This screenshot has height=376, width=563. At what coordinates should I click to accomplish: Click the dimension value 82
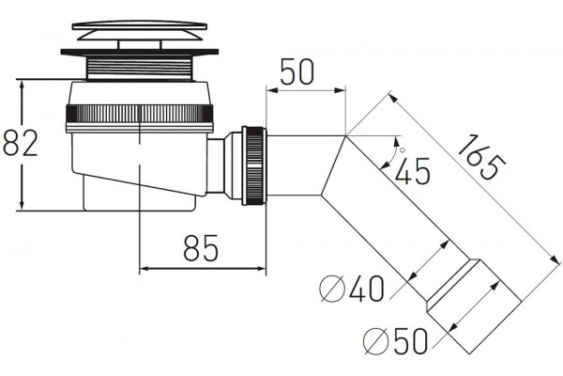[x=20, y=143]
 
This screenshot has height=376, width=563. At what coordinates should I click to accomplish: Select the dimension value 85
[x=201, y=247]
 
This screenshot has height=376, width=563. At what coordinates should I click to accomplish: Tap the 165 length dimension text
[x=481, y=157]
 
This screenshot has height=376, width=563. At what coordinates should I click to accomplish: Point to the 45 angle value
[x=412, y=171]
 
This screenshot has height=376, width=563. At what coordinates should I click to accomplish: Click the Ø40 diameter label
[x=352, y=289]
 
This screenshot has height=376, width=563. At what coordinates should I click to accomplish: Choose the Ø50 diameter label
[x=395, y=341]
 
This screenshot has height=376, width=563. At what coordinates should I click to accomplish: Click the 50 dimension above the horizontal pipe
[x=297, y=72]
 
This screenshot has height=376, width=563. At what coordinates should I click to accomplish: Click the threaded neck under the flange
[x=140, y=68]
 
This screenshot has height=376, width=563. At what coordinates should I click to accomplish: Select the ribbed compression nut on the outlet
[x=254, y=165]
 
